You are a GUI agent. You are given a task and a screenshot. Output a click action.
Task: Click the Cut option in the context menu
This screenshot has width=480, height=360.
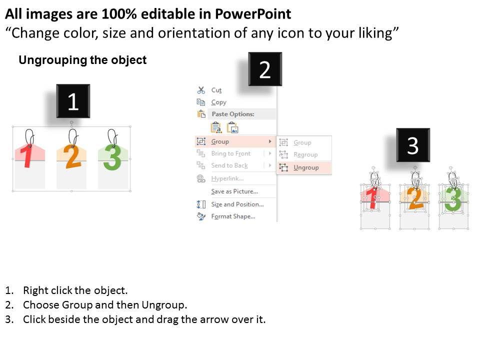[216, 90]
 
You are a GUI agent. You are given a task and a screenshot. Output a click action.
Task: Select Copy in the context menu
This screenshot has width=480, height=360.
[218, 102]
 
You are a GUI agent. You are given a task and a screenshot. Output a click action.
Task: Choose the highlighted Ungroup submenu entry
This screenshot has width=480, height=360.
[306, 167]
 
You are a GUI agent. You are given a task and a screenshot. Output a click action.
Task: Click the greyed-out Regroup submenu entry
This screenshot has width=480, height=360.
[305, 154]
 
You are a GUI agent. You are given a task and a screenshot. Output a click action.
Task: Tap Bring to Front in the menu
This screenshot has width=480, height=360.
[231, 153]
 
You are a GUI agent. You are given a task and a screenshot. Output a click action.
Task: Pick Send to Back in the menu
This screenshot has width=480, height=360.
[229, 165]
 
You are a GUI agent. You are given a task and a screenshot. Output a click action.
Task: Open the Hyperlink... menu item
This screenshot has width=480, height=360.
[227, 178]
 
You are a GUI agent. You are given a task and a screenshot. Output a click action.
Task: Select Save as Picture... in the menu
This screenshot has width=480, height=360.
[234, 191]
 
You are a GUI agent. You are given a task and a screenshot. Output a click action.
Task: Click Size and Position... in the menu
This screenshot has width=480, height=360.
[237, 204]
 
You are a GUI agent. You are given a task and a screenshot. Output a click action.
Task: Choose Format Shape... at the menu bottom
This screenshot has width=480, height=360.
[233, 216]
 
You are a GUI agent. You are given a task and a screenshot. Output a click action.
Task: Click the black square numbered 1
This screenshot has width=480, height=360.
[73, 101]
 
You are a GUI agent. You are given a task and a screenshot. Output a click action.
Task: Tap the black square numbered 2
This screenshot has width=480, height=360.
[265, 69]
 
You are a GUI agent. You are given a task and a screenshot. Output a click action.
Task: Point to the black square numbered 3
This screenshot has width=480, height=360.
[413, 145]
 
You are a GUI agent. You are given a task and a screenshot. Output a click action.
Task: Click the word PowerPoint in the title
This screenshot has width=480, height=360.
[253, 14]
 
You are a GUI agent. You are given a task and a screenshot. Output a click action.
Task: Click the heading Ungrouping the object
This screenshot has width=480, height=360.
[82, 60]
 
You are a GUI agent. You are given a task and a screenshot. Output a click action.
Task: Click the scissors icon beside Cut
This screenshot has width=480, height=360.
[201, 90]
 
